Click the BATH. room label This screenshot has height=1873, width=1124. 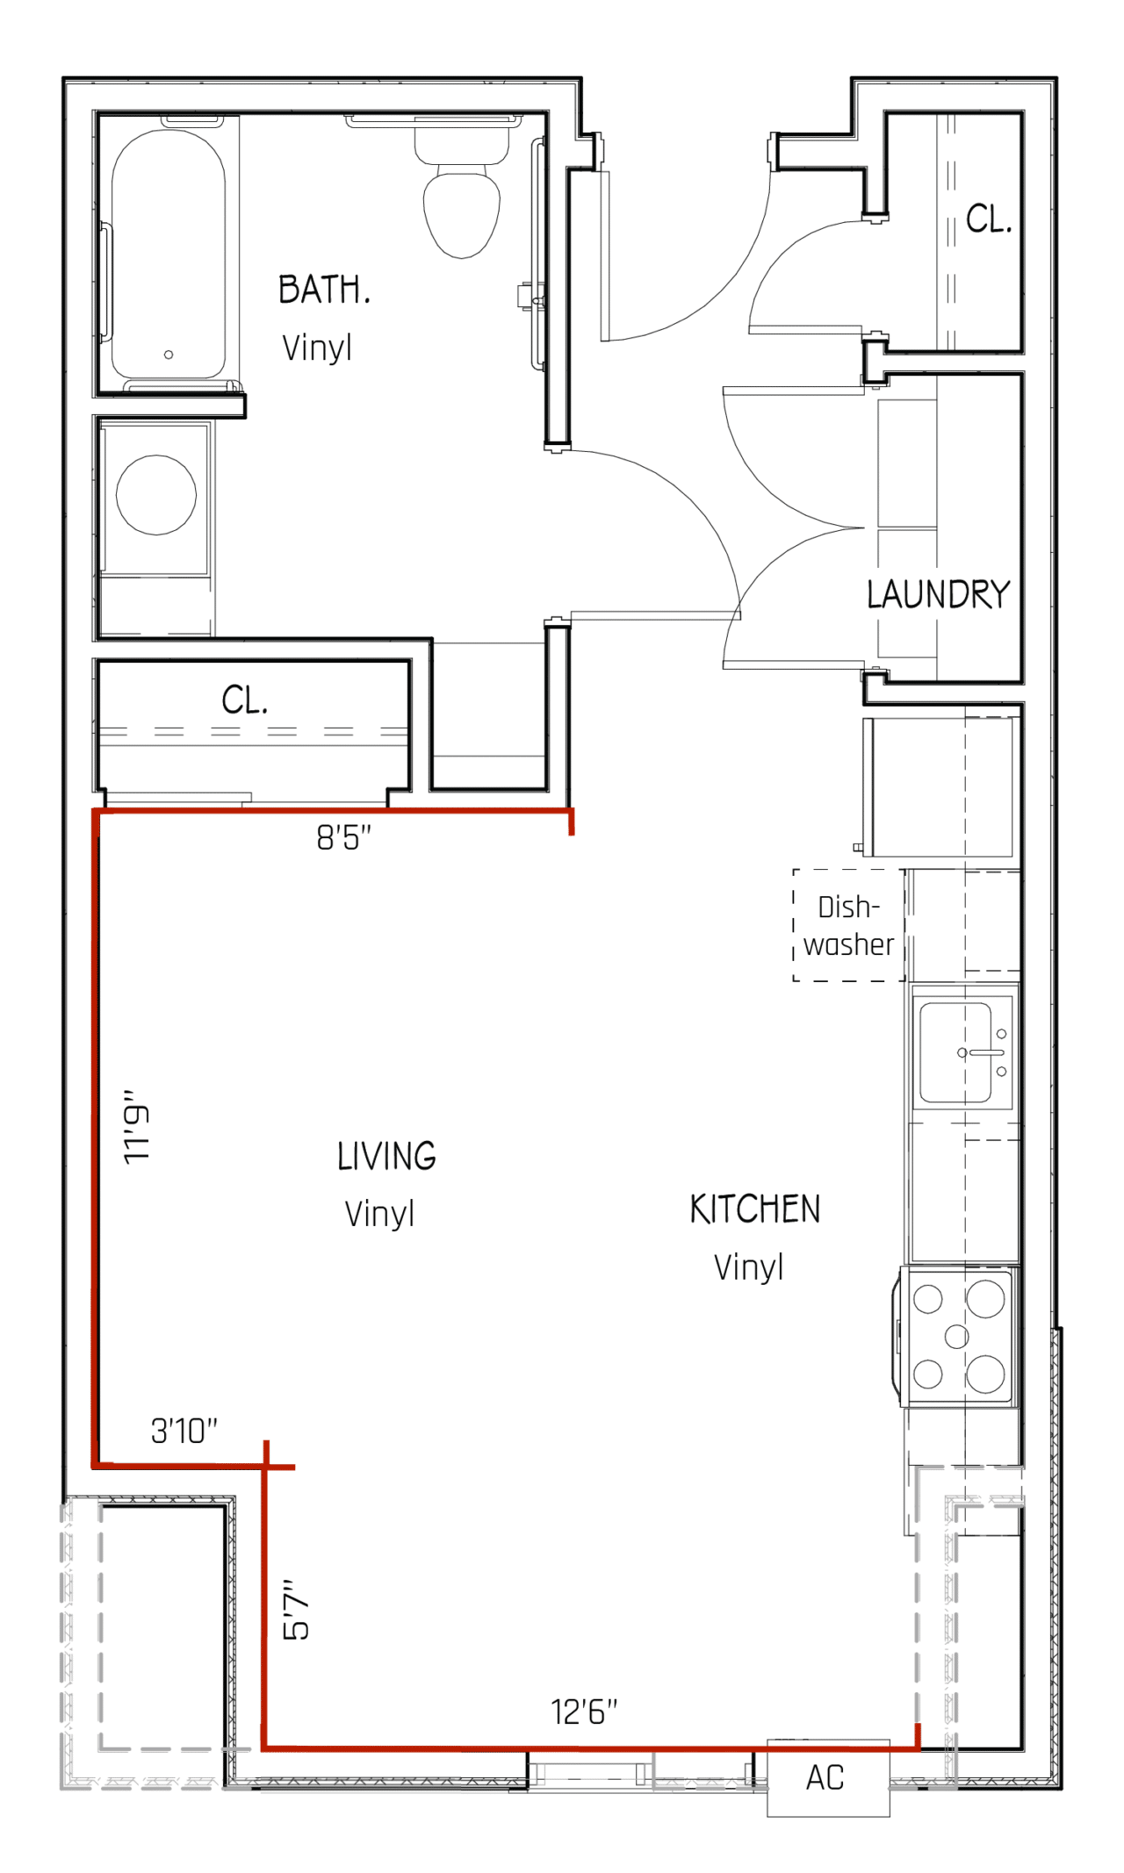(324, 290)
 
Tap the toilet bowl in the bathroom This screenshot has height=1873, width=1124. (462, 213)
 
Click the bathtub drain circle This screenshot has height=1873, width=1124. (169, 355)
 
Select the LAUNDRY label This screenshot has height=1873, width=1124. (938, 594)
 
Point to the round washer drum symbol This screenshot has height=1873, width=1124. (156, 495)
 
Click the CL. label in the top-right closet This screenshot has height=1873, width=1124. (989, 219)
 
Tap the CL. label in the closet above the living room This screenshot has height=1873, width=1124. (244, 700)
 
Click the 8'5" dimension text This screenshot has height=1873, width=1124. (343, 837)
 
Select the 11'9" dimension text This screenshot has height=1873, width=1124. (136, 1128)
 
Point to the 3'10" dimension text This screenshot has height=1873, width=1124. (184, 1431)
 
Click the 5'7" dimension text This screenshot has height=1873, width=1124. (297, 1609)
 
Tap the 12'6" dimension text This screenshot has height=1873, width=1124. (584, 1712)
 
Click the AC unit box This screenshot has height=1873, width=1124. (827, 1777)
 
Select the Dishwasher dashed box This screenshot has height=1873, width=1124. (847, 925)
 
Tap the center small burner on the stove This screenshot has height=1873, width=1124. (956, 1337)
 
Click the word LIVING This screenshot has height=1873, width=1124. (386, 1156)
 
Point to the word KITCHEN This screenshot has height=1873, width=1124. (754, 1209)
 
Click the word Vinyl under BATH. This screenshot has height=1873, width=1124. (317, 348)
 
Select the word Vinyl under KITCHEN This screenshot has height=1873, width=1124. (748, 1267)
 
